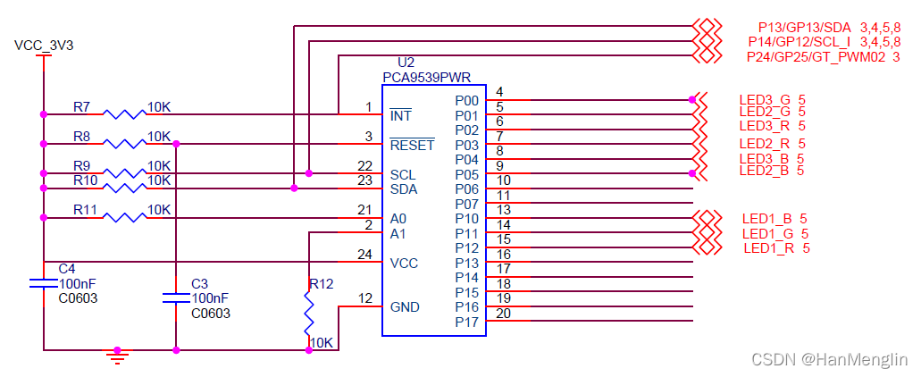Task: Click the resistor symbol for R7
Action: [x=123, y=113]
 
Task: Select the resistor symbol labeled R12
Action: [x=308, y=313]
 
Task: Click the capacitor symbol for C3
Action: [x=176, y=297]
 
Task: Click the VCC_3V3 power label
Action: [x=44, y=45]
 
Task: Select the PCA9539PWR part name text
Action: [x=427, y=78]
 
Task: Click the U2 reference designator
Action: [x=406, y=63]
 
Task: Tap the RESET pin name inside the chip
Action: [x=412, y=145]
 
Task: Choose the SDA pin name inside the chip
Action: [x=404, y=189]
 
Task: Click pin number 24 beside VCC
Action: [x=364, y=254]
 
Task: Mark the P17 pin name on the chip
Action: [x=467, y=322]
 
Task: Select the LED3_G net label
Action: [x=766, y=98]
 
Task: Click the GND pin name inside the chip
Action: [x=405, y=306]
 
